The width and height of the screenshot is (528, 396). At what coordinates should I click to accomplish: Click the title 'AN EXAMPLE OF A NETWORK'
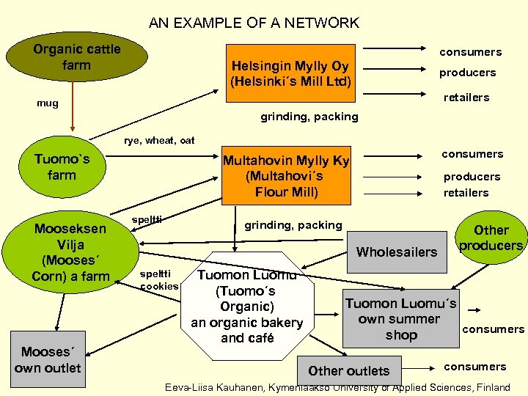254,23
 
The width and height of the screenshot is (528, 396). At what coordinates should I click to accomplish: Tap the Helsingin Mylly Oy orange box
290,73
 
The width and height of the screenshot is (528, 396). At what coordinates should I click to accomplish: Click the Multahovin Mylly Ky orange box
286,176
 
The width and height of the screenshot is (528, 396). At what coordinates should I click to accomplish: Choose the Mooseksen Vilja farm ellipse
70,252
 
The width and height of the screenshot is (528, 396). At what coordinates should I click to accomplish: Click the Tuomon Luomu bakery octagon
246,306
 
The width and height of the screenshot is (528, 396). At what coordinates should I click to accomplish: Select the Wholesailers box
396,252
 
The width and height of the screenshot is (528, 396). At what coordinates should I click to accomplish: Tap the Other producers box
491,238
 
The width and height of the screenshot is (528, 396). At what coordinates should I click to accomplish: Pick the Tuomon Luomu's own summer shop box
401,319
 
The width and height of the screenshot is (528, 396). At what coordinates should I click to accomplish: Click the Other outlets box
349,370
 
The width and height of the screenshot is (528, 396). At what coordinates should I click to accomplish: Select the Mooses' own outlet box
47,359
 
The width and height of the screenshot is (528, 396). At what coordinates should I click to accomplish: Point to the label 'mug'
48,103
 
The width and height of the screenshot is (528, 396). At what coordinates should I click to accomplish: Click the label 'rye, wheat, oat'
159,140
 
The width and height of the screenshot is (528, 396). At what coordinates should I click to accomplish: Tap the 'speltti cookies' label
159,279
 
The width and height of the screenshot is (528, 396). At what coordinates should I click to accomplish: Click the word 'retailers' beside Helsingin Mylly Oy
466,98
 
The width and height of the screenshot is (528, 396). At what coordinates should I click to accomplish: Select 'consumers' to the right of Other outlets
475,367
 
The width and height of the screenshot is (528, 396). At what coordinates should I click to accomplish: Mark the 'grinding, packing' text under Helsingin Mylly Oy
309,117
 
